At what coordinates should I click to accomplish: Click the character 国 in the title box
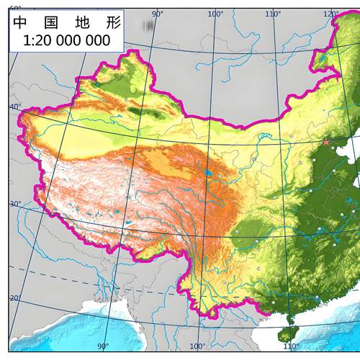point(49,22)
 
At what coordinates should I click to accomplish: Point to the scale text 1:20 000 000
point(66,41)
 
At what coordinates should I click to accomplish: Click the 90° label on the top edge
point(158,14)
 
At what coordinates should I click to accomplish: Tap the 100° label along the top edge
point(215,14)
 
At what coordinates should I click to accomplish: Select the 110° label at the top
point(273,14)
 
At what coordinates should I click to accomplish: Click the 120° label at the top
point(331,14)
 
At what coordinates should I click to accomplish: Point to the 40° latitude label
point(15,107)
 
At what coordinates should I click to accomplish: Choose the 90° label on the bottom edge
point(102,346)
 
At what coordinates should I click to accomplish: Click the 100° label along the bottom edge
point(197,346)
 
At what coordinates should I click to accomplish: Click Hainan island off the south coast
point(290,319)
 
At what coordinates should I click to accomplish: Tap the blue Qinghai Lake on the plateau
point(208,173)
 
